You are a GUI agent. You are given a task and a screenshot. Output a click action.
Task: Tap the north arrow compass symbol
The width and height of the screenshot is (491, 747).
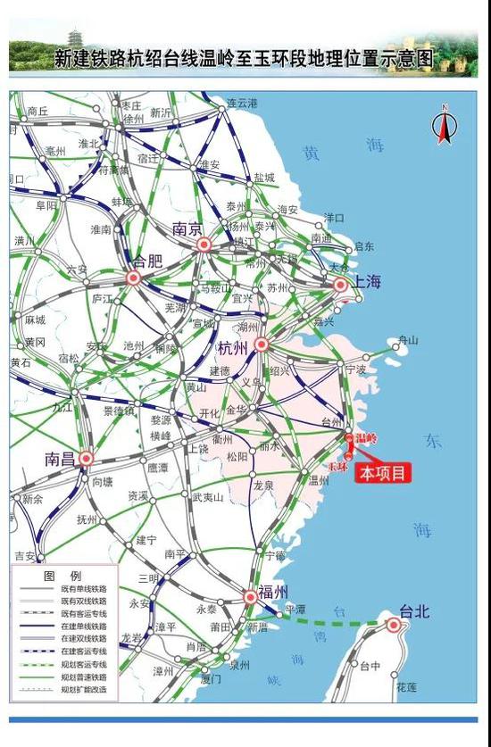[x=442, y=126]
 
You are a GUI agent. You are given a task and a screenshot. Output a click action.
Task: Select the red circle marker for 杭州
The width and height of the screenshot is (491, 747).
[x=261, y=344]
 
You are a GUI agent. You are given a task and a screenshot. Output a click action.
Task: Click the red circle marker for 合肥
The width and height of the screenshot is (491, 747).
[x=134, y=278]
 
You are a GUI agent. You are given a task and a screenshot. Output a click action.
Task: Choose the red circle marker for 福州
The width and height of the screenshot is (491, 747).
[x=251, y=596]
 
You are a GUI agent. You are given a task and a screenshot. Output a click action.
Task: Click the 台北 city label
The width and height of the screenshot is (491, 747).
[x=414, y=611]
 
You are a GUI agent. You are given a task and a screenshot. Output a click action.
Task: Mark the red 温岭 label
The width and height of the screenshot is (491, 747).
[x=366, y=438]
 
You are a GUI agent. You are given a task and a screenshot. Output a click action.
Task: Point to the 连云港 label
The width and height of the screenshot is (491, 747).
[x=242, y=104]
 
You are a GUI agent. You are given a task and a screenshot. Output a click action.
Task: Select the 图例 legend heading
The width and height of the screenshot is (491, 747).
[x=62, y=576]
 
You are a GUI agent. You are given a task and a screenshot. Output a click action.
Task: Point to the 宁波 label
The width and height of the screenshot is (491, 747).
[x=355, y=368]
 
